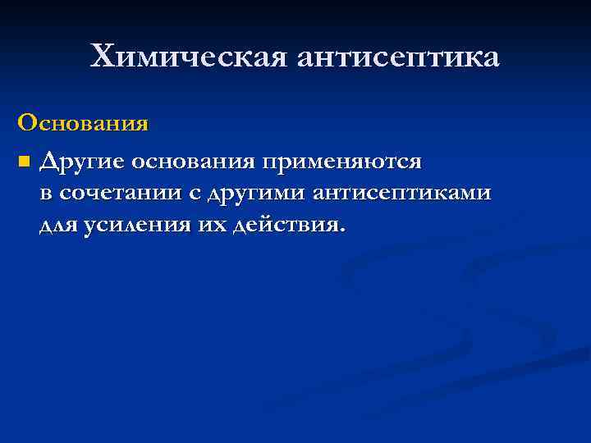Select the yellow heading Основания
83,124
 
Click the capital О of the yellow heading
27,124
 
